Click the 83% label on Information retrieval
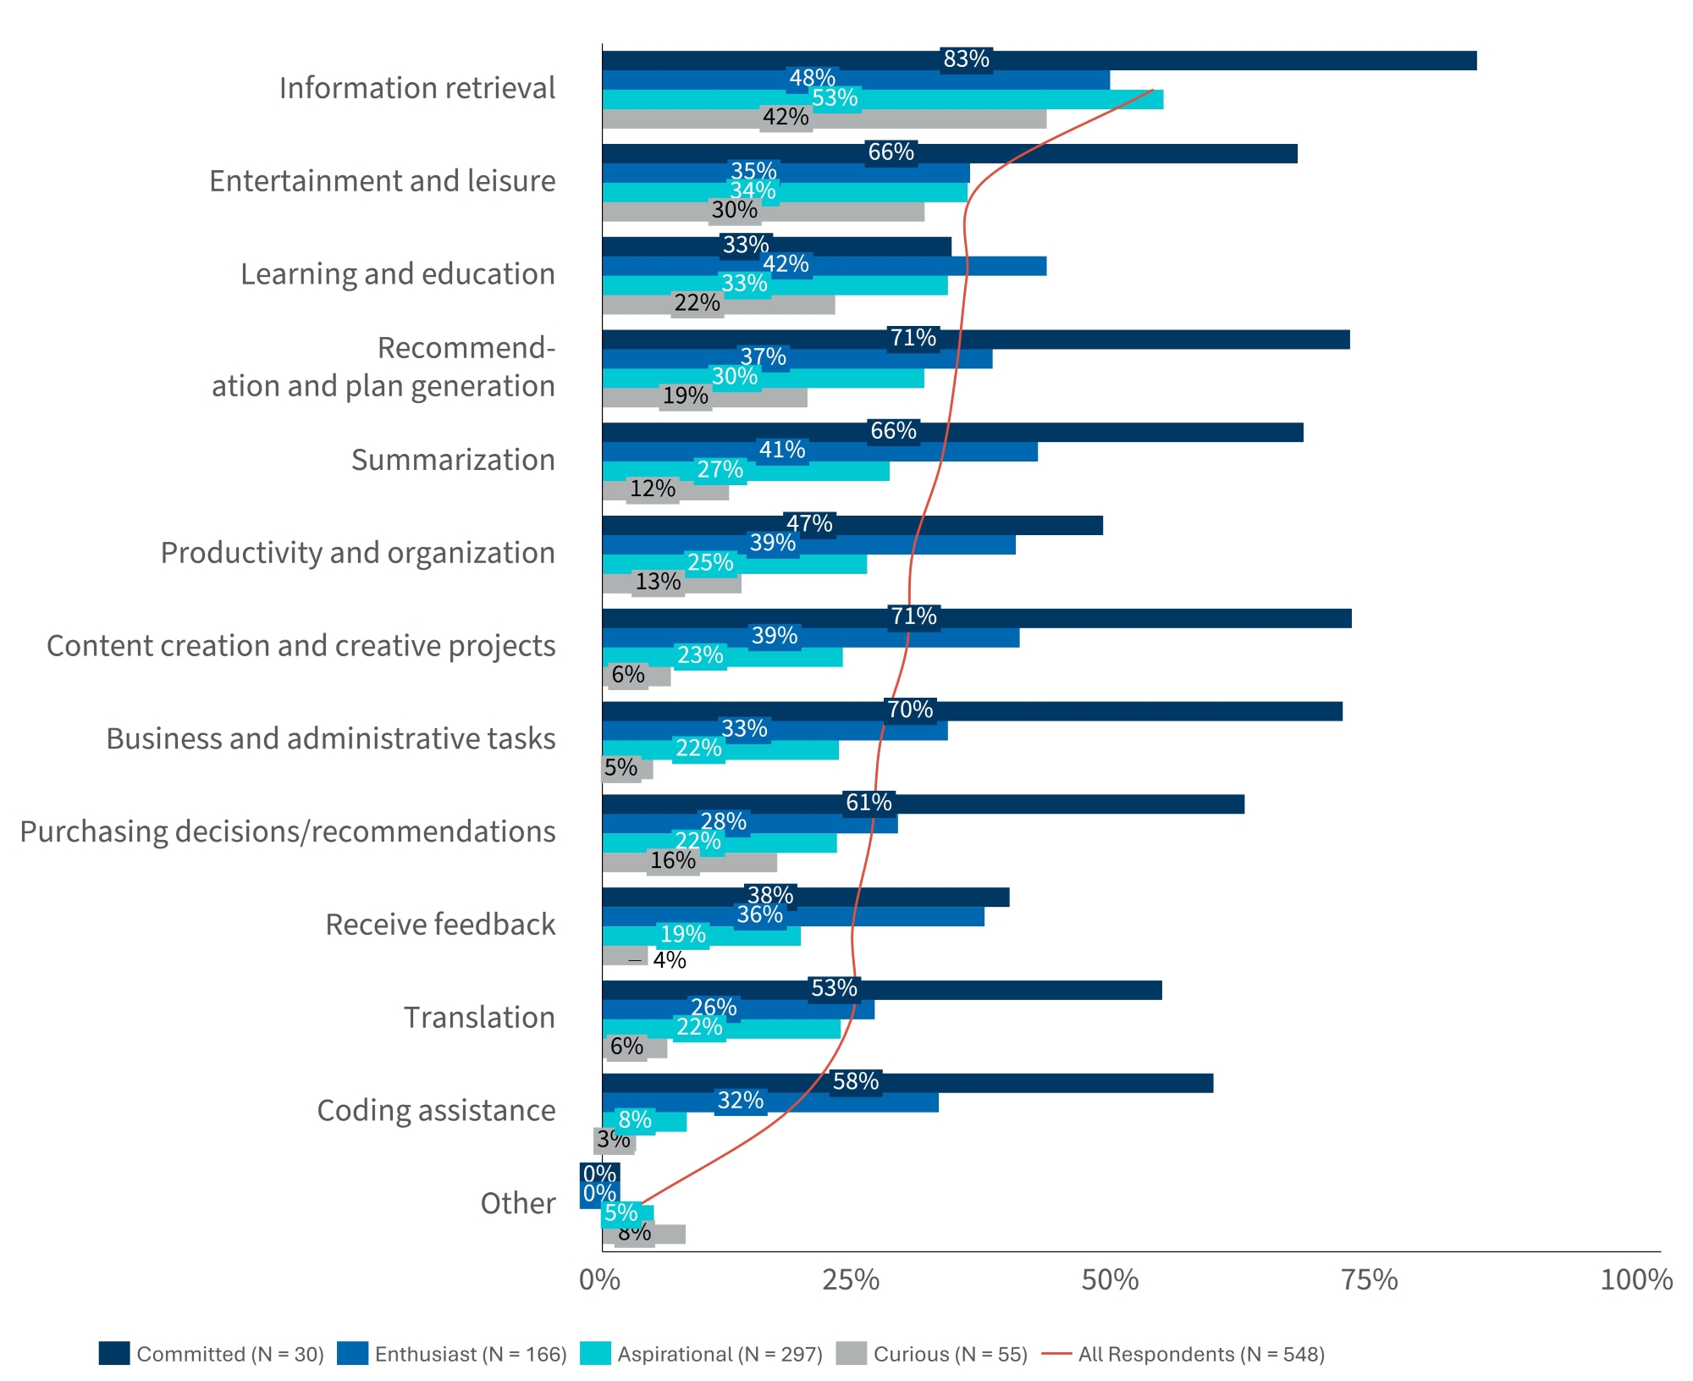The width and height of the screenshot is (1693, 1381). coord(966,59)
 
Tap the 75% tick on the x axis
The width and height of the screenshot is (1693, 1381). coord(1369,1279)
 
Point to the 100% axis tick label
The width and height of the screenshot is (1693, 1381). coord(1635,1279)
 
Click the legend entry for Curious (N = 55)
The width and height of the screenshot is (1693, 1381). coord(931,1354)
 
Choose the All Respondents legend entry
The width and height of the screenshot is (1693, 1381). coord(1183,1354)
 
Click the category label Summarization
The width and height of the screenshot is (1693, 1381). coord(453,460)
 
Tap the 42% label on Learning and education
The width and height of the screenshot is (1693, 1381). coord(786,265)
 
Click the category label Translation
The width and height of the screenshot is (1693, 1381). coord(479,1018)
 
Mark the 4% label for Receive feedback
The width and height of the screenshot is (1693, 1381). coord(670,960)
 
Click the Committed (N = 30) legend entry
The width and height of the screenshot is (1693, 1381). coord(212,1354)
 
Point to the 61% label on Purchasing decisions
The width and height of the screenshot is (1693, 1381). coord(869,803)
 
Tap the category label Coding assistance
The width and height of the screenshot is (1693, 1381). coord(436,1111)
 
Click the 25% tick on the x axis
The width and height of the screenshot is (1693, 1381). coord(851,1279)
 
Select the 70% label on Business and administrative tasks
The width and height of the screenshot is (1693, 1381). coord(910,710)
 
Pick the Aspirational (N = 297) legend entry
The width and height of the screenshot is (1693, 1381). coord(702,1354)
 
